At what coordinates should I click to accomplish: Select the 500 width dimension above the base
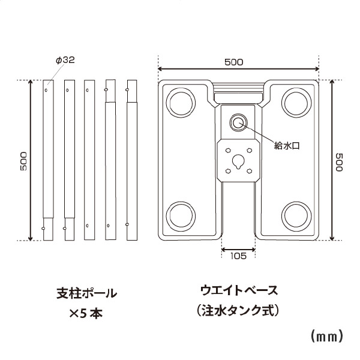[238, 61]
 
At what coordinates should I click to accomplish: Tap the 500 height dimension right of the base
[339, 161]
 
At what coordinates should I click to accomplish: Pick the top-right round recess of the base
[296, 101]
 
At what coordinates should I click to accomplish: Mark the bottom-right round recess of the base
[296, 215]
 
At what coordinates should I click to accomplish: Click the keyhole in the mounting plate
[238, 161]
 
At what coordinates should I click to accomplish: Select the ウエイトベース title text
[239, 291]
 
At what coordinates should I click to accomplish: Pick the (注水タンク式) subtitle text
[239, 312]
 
